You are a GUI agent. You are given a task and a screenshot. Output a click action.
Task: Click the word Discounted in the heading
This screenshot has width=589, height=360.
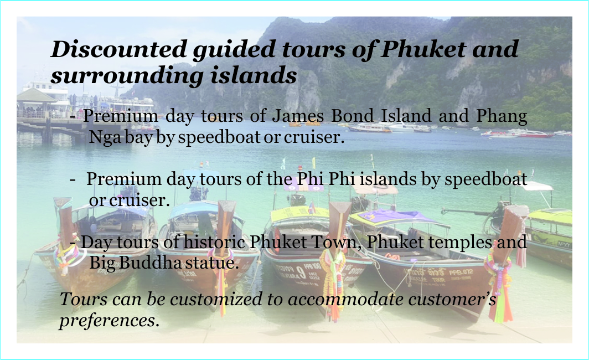118,49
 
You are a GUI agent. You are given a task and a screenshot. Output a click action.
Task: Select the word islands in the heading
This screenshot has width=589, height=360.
254,75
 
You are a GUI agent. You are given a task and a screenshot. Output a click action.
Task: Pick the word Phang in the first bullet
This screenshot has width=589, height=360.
502,116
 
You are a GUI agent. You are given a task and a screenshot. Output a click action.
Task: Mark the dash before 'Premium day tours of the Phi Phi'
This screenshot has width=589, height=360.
73,180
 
